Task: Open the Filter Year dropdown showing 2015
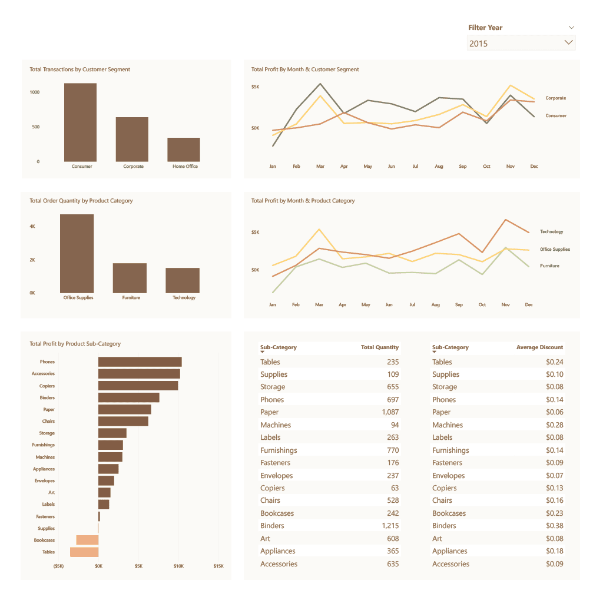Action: [x=521, y=43]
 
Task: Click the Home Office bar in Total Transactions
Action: [x=184, y=150]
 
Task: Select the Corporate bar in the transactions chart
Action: [x=132, y=139]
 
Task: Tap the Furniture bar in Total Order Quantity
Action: [x=130, y=278]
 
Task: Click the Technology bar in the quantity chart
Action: [x=183, y=280]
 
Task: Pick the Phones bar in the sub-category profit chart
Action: [x=140, y=361]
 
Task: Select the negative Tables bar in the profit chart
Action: [x=84, y=552]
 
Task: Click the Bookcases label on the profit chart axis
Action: [x=44, y=540]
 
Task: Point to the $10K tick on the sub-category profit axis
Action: [x=178, y=566]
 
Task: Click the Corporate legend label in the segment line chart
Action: [x=555, y=98]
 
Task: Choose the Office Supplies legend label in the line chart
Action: [x=555, y=250]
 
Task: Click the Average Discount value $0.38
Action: [x=554, y=526]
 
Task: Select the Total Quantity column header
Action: [x=379, y=347]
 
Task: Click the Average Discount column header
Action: [x=539, y=347]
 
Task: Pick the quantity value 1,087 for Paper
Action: [x=390, y=412]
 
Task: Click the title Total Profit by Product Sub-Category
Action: [x=75, y=344]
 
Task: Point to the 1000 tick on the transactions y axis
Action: [x=34, y=92]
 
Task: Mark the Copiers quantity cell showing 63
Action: [x=395, y=488]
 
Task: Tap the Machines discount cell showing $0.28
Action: [x=554, y=425]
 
